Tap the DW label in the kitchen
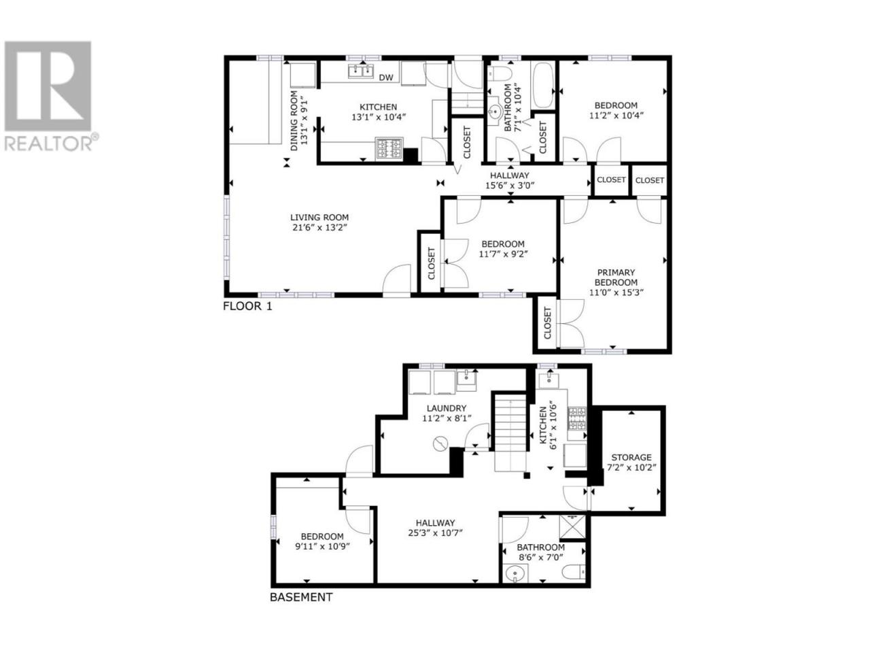pyautogui.click(x=385, y=78)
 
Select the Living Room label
pyautogui.click(x=319, y=217)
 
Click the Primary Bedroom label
pyautogui.click(x=616, y=278)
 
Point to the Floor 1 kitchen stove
pyautogui.click(x=389, y=149)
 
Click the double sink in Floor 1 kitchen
pyautogui.click(x=361, y=71)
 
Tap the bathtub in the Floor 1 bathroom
pyautogui.click(x=542, y=85)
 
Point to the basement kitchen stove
pyautogui.click(x=577, y=419)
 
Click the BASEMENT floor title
pyautogui.click(x=301, y=608)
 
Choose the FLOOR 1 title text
pyautogui.click(x=247, y=307)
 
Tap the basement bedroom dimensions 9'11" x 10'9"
pyautogui.click(x=322, y=546)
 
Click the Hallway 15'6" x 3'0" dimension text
pyautogui.click(x=510, y=185)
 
